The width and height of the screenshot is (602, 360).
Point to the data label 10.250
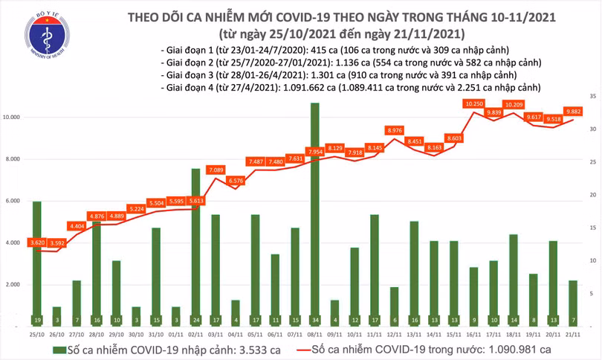click(473, 104)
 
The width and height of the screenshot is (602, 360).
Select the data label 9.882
click(572, 112)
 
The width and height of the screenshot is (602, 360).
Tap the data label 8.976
click(395, 131)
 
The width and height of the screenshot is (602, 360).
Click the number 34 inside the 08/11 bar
click(314, 321)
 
